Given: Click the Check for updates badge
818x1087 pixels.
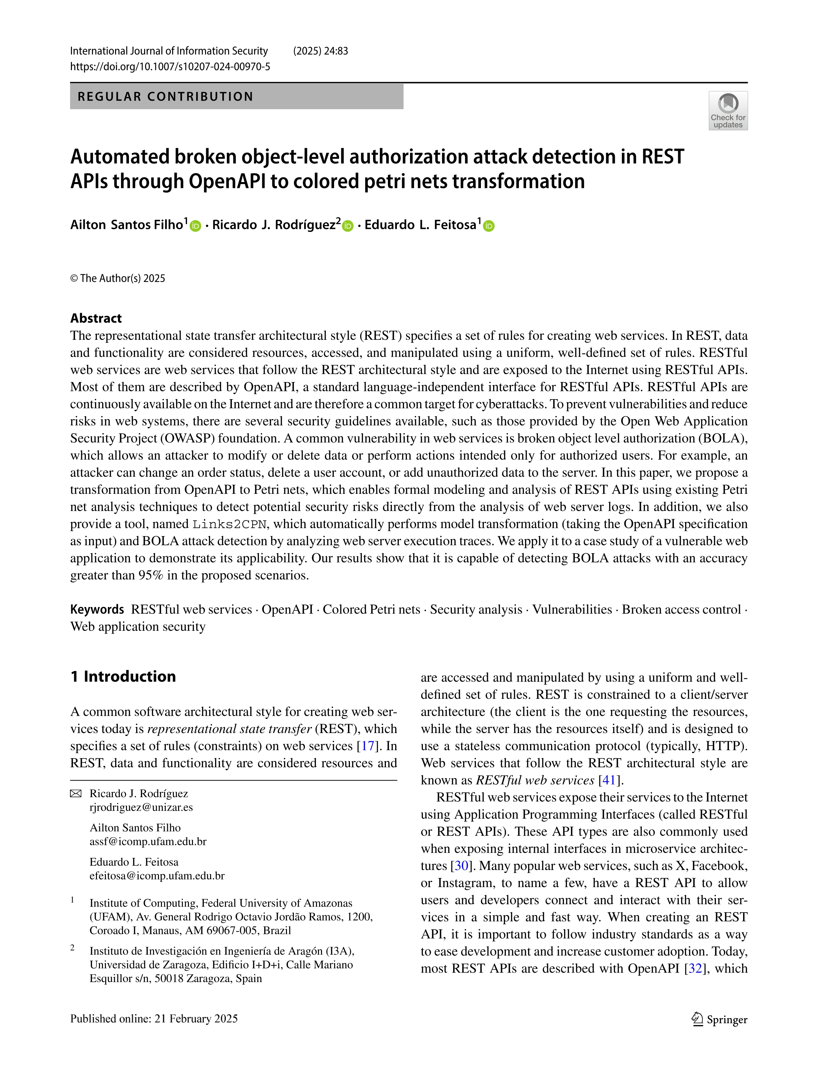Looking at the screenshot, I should (x=728, y=111).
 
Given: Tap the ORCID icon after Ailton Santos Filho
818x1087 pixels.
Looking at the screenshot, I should (x=196, y=226).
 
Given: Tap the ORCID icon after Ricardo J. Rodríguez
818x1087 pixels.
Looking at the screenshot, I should (x=348, y=226).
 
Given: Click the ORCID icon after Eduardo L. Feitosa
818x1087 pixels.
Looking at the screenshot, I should (x=488, y=226).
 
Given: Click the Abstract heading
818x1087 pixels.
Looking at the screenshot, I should (x=96, y=318).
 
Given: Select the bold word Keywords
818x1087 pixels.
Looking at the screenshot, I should (x=97, y=609).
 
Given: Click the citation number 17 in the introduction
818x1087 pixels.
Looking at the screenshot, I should (x=367, y=746).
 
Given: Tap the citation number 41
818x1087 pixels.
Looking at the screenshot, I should (x=609, y=780).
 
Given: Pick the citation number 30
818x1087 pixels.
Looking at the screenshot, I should (x=461, y=866).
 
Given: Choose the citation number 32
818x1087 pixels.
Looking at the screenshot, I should (x=696, y=969).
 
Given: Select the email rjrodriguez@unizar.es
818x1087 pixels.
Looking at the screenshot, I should (x=141, y=807).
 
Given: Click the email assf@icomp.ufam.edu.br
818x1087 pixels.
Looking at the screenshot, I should (x=148, y=842).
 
